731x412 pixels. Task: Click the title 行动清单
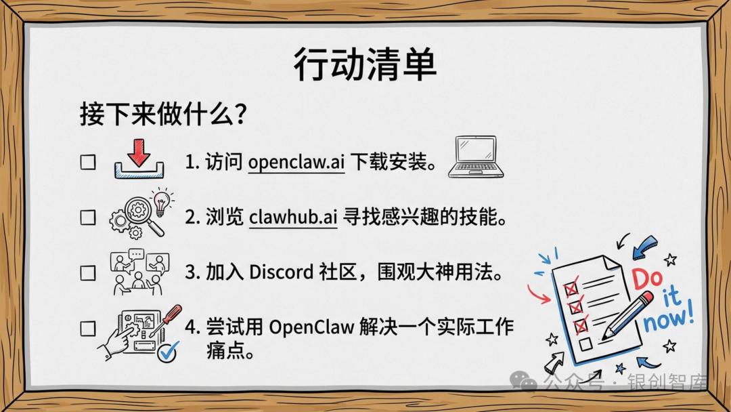[x=365, y=64]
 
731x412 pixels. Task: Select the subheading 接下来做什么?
[x=162, y=114]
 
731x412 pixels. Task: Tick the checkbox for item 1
[x=88, y=163]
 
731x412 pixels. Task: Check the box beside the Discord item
[x=88, y=272]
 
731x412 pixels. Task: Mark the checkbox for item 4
[x=88, y=329]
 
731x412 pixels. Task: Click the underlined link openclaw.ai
[x=296, y=163]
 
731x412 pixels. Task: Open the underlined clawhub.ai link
[x=293, y=217]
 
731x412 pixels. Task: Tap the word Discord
[x=281, y=272]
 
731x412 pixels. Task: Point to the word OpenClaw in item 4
[x=311, y=327]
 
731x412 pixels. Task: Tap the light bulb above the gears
[x=161, y=201]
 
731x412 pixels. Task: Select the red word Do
[x=648, y=279]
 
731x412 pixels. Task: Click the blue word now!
[x=669, y=319]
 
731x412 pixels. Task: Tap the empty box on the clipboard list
[x=585, y=345]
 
